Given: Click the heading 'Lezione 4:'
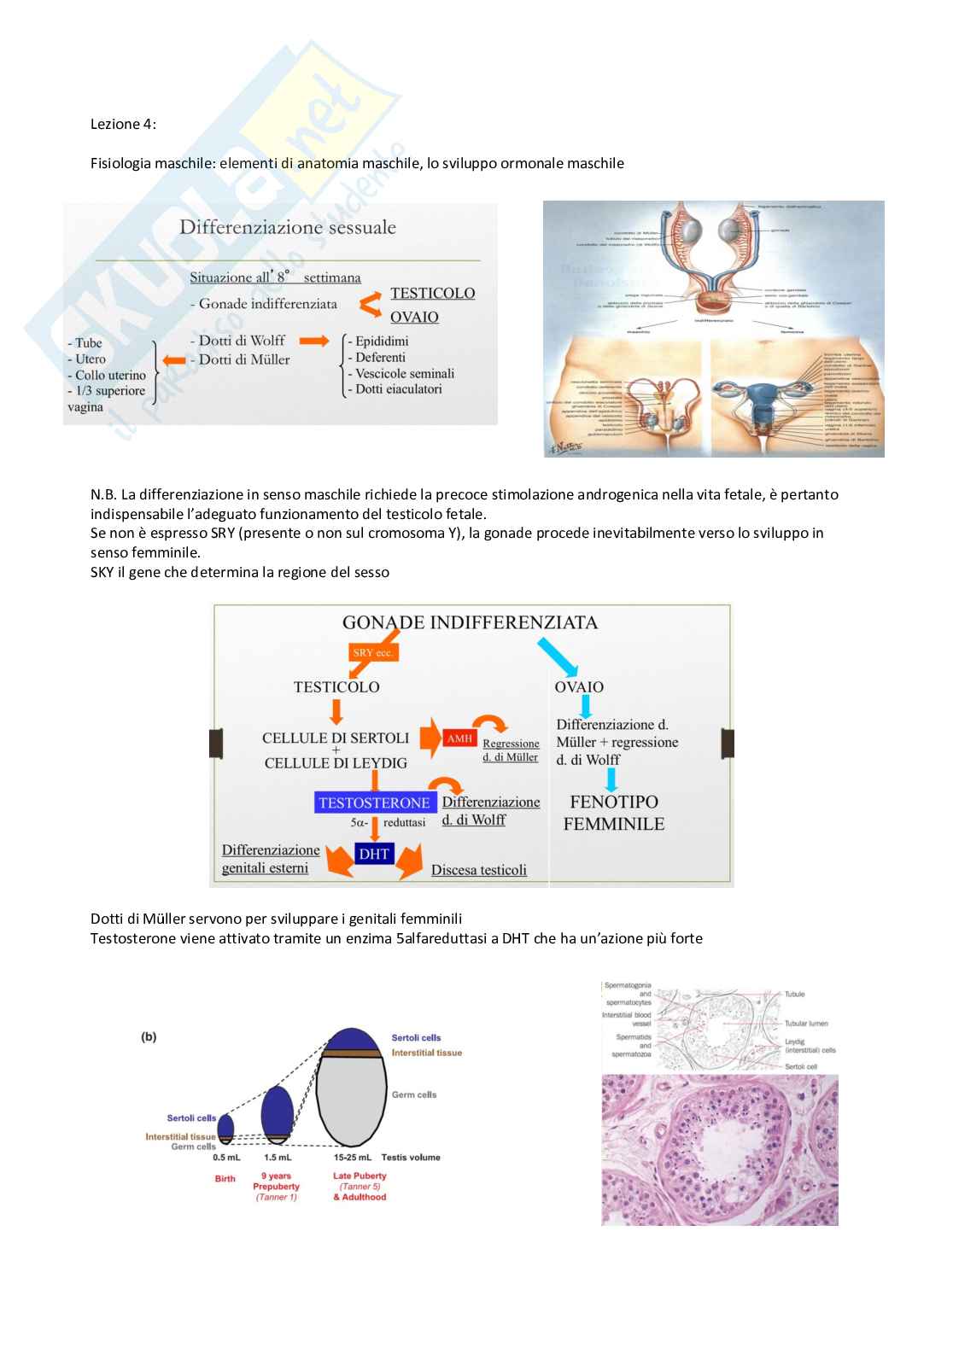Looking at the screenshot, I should [123, 124].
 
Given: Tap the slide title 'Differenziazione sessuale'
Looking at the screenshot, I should [288, 227].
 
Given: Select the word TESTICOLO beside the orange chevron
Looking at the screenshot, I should [432, 293].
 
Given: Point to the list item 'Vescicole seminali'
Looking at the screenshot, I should [405, 373].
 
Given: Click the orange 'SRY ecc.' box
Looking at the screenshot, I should [372, 653].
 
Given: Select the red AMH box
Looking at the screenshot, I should [459, 738].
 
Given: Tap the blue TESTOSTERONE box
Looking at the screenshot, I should [374, 802].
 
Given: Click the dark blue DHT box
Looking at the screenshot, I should [374, 854].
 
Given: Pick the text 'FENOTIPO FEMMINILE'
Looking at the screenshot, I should [613, 813].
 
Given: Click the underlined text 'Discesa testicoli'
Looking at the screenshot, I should [478, 870].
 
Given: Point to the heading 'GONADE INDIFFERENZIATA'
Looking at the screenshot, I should [470, 622].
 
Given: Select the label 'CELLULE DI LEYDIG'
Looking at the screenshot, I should [336, 762].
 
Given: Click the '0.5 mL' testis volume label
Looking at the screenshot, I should [226, 1158].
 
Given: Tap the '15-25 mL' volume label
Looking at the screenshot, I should [352, 1158].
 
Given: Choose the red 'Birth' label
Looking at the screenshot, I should [225, 1179].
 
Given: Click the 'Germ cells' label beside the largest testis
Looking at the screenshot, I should [414, 1094].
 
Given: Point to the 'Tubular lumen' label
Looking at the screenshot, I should [806, 1024].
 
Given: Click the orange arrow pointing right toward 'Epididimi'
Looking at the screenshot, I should [313, 341].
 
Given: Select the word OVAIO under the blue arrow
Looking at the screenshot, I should [579, 687].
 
